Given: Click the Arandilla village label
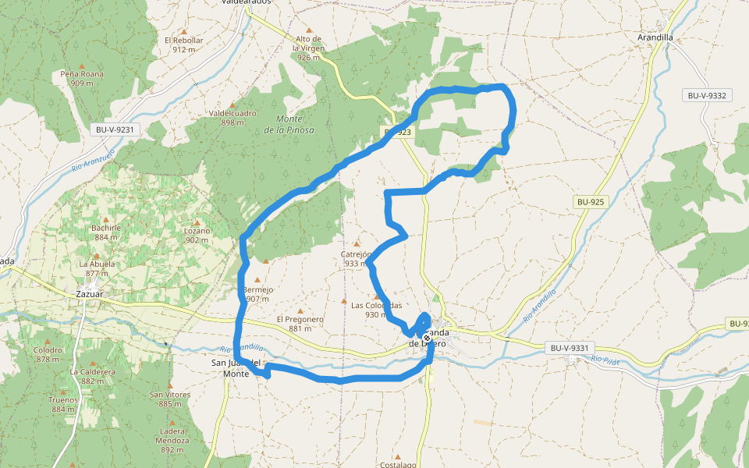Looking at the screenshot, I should pyautogui.click(x=655, y=37).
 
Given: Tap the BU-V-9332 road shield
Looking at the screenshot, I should pyautogui.click(x=707, y=96).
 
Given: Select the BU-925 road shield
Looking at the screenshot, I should pyautogui.click(x=591, y=201).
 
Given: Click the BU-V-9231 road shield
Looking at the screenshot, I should pyautogui.click(x=115, y=130).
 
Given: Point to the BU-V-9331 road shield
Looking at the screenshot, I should pyautogui.click(x=573, y=348).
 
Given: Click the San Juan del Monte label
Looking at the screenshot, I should pyautogui.click(x=236, y=368).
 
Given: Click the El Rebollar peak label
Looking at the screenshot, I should pyautogui.click(x=183, y=44).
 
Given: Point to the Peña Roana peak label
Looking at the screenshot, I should pyautogui.click(x=82, y=78).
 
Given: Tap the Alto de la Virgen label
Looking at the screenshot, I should pyautogui.click(x=309, y=48).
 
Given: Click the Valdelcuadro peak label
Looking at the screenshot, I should pyautogui.click(x=233, y=118).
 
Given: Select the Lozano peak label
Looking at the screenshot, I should pyautogui.click(x=197, y=235).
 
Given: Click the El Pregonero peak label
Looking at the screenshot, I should pyautogui.click(x=300, y=324).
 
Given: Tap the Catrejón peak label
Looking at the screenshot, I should pyautogui.click(x=355, y=258).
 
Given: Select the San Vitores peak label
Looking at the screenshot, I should pyautogui.click(x=170, y=399).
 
